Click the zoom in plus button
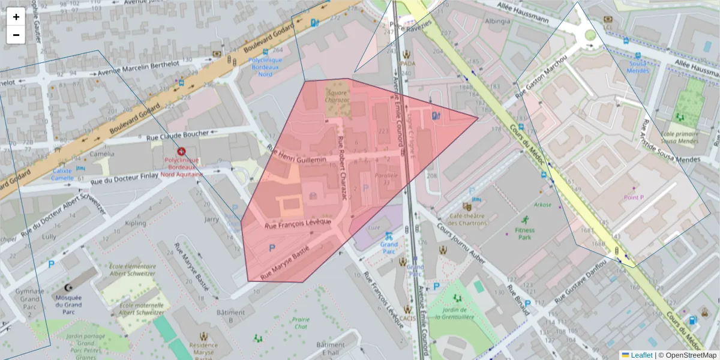[16, 17]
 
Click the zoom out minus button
[16, 35]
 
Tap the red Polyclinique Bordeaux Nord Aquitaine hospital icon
[181, 152]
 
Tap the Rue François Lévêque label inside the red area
[298, 223]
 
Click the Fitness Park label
[524, 233]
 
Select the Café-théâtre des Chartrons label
[468, 220]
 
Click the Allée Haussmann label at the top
[522, 12]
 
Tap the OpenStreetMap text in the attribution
[689, 355]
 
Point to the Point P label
[634, 197]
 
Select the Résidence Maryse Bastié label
[203, 350]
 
